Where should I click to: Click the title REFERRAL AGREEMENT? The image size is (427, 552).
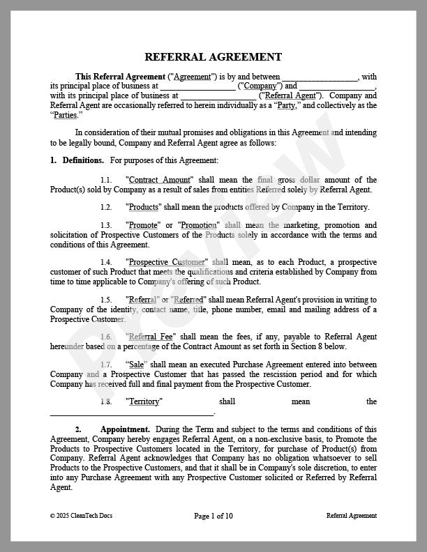tap(213, 57)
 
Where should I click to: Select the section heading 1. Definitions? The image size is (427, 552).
tap(77, 160)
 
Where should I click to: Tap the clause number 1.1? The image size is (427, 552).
tap(106, 180)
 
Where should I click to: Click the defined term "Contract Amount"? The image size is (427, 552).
tap(160, 180)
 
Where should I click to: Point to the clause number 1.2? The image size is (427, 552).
tap(106, 207)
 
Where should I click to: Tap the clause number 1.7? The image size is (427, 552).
tap(106, 365)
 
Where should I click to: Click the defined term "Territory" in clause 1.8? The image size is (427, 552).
tap(144, 401)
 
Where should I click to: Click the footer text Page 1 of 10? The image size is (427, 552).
tap(213, 516)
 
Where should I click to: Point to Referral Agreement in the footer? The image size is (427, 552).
tap(351, 516)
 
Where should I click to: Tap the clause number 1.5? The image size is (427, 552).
tap(106, 300)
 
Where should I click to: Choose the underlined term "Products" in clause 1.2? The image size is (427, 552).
tap(144, 207)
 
